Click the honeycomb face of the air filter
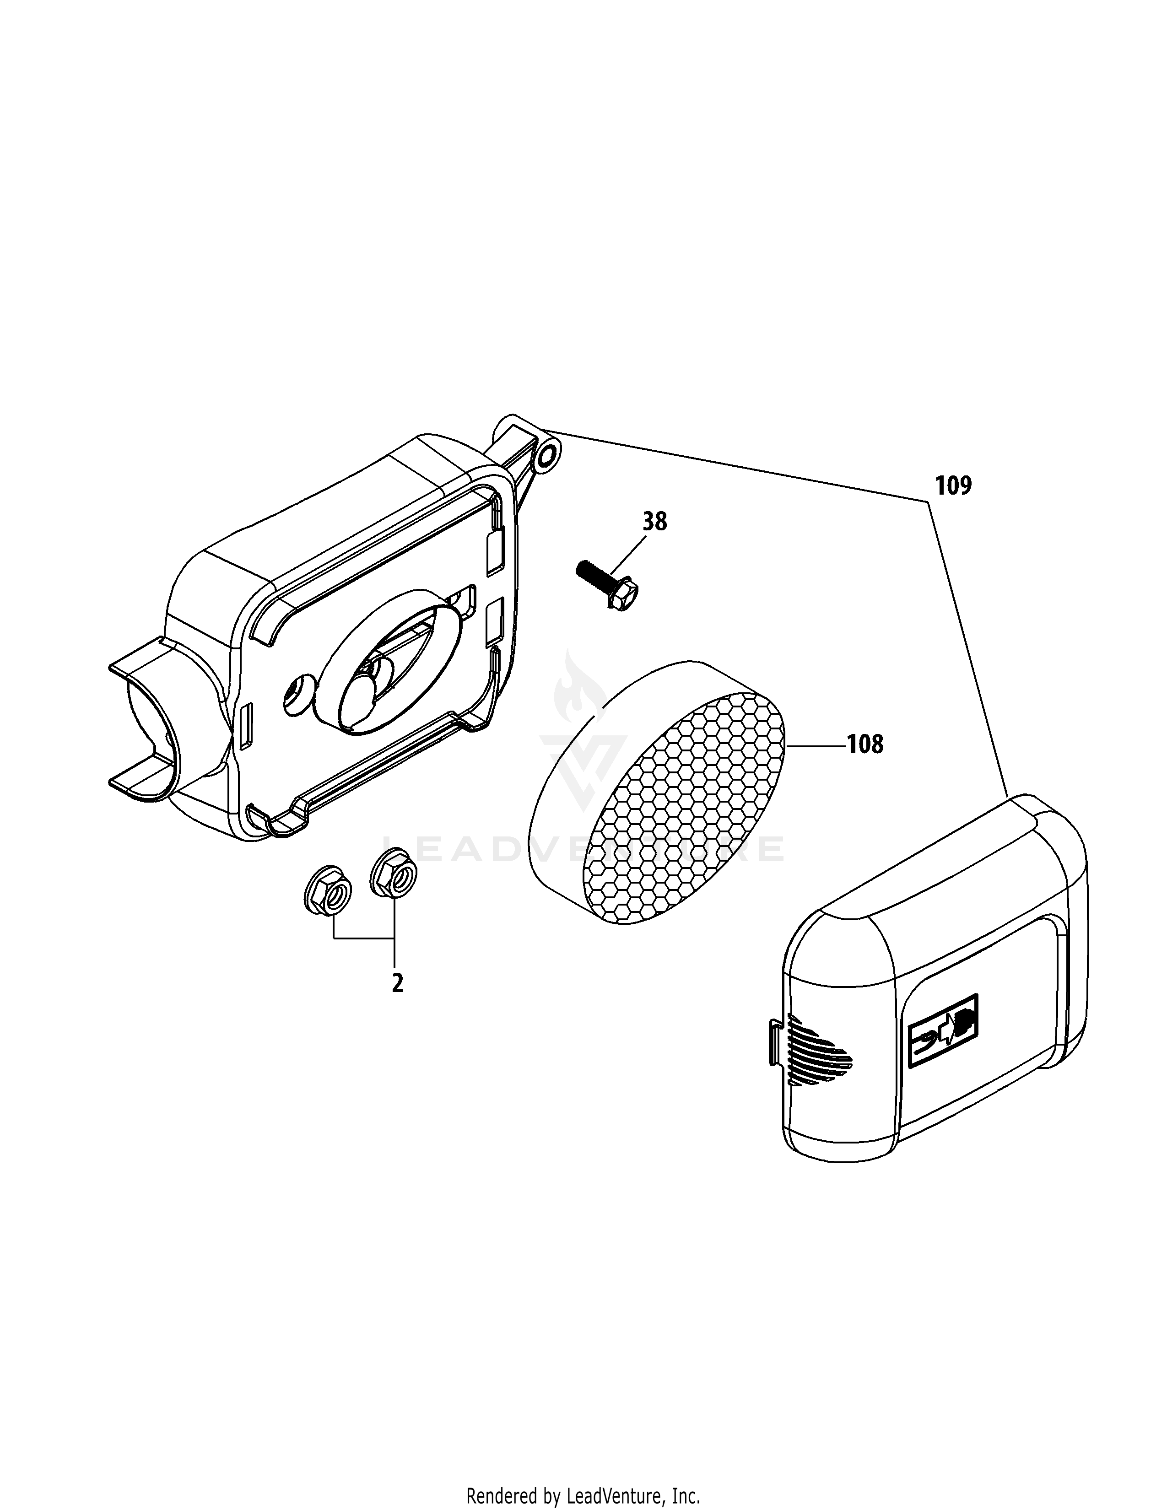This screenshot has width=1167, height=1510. (x=685, y=809)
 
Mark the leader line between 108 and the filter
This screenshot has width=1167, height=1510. (x=816, y=745)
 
